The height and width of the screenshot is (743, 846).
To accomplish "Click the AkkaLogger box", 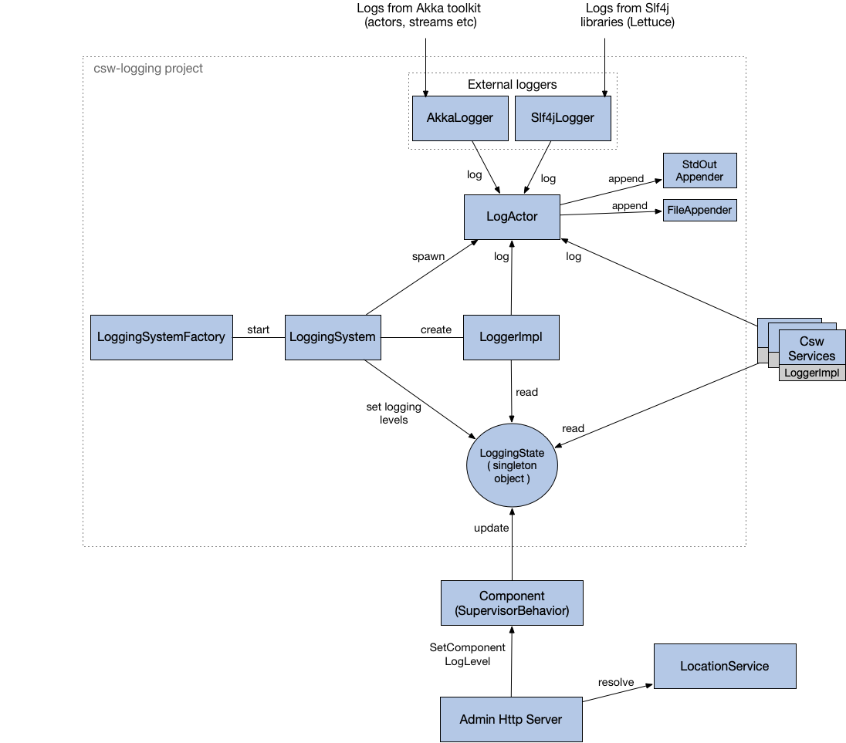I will [x=460, y=118].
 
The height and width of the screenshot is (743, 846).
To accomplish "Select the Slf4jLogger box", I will [x=563, y=118].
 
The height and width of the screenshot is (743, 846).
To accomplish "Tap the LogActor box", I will [x=512, y=217].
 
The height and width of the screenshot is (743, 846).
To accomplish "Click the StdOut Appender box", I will [x=699, y=171].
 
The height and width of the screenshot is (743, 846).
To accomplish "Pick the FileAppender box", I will [x=699, y=210].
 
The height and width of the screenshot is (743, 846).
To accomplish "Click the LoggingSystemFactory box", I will [x=161, y=337].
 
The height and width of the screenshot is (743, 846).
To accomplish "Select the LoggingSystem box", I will [x=333, y=337].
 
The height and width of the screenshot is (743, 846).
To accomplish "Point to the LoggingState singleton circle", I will [x=512, y=466].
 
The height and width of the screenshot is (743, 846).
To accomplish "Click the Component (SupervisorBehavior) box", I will [x=512, y=603].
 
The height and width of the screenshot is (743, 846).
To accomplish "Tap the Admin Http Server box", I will [x=510, y=719].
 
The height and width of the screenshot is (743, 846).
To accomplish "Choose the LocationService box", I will [x=724, y=666].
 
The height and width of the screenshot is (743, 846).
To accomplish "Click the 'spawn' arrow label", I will [x=428, y=256].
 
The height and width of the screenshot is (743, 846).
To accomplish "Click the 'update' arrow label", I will [x=491, y=528].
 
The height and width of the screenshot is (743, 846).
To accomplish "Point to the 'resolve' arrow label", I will [x=615, y=682].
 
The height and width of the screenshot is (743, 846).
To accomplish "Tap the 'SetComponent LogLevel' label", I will [x=467, y=654].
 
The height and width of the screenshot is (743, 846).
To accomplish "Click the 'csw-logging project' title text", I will [x=143, y=68].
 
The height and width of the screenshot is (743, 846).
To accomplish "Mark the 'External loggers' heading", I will [x=512, y=84].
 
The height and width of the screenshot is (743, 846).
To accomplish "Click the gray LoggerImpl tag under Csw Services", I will [x=811, y=373].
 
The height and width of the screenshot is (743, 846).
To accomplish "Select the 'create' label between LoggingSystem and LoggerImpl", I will [x=435, y=329].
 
